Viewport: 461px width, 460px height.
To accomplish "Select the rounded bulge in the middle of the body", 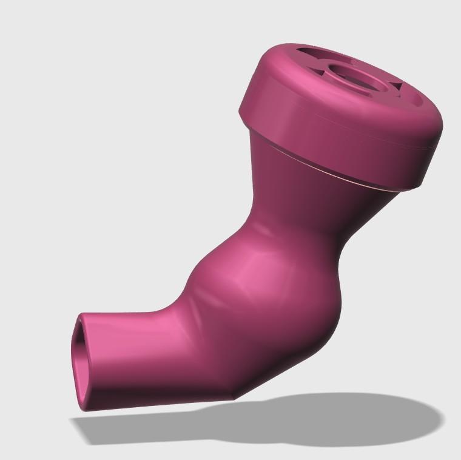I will tap(255, 285).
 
